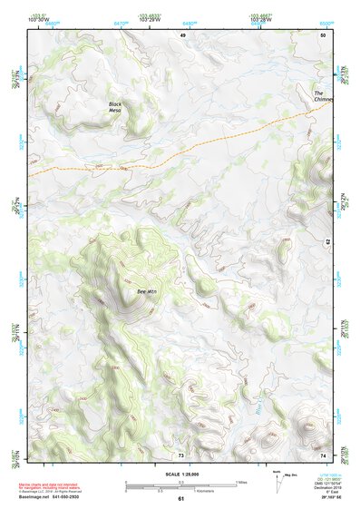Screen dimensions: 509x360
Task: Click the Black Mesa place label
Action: (115, 108)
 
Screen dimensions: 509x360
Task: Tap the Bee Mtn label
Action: (146, 291)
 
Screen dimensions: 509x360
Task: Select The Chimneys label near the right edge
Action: (324, 96)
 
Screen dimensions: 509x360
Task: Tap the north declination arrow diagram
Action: (277, 482)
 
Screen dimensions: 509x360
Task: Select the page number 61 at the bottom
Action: (180, 499)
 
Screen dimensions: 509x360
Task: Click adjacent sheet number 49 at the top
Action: (181, 34)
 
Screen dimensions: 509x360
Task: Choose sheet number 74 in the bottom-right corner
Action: (324, 455)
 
